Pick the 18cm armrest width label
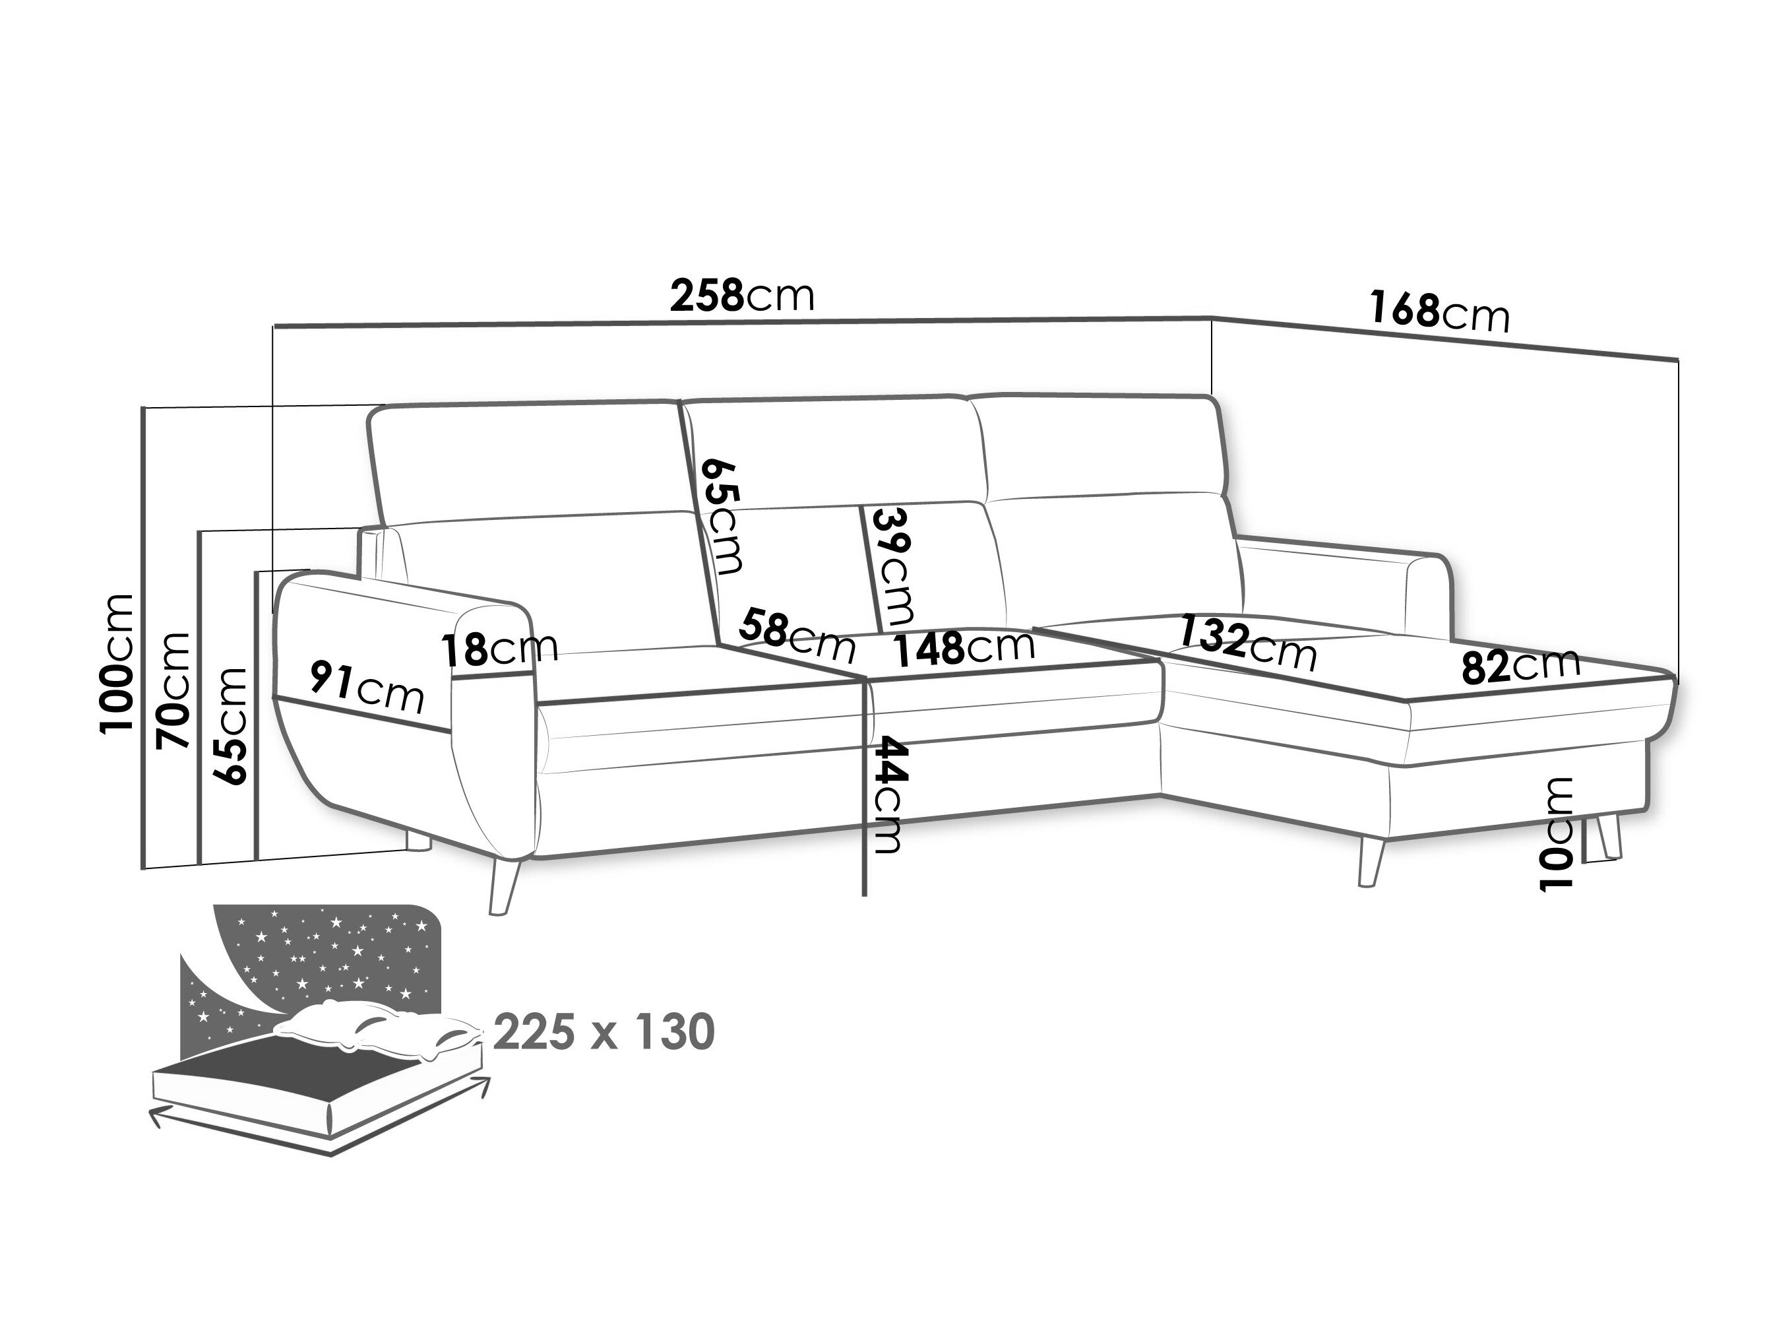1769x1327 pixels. (x=501, y=649)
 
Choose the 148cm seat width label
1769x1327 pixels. (x=964, y=648)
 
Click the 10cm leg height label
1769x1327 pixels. (x=1555, y=833)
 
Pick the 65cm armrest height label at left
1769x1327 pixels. (x=229, y=725)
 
